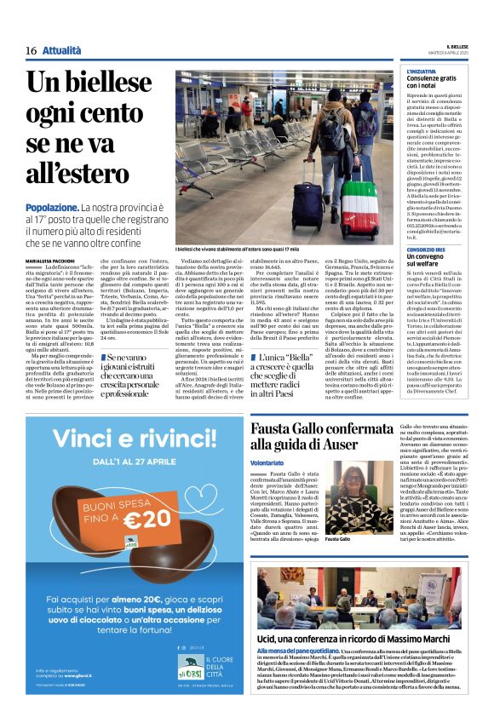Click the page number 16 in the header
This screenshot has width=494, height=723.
pos(31,51)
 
